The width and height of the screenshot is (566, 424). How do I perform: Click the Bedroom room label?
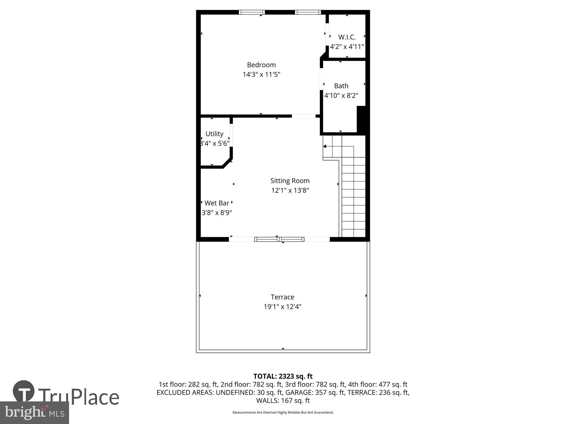click(261, 65)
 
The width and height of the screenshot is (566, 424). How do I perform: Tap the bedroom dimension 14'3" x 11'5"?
click(261, 75)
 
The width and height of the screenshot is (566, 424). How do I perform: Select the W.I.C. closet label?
click(347, 37)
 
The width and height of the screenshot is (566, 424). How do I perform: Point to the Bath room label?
click(341, 86)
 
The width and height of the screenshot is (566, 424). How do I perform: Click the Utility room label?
click(214, 134)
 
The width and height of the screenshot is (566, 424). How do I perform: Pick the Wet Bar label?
click(217, 203)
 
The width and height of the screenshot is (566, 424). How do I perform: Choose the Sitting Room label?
click(290, 181)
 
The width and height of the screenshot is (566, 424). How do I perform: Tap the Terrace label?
click(282, 297)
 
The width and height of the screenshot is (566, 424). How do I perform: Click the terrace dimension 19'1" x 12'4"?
click(282, 307)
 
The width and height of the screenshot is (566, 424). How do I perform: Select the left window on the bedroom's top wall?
click(252, 12)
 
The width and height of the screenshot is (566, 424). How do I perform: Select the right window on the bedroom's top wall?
click(308, 12)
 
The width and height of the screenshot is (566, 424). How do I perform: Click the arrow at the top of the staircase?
click(325, 146)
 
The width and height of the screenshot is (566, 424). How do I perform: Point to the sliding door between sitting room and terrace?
click(279, 239)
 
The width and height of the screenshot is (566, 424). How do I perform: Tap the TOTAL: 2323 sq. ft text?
click(283, 376)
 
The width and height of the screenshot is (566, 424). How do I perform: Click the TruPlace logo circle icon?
click(24, 391)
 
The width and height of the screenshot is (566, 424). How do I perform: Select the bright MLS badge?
click(34, 413)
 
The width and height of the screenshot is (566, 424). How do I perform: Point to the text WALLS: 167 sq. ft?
click(283, 401)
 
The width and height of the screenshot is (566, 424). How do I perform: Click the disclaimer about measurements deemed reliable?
click(283, 412)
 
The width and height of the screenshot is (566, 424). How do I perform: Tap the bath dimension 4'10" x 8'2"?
click(341, 96)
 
